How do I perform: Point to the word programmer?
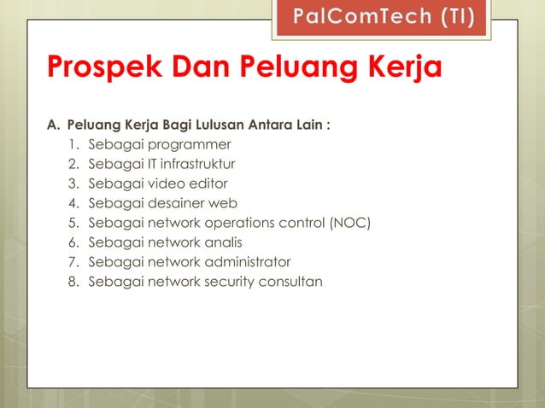tap(193, 144)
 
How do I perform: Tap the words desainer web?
tap(195, 203)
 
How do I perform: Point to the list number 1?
tap(73, 144)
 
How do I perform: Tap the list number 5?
tap(73, 223)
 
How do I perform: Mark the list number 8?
tap(73, 282)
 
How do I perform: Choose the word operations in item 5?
tap(243, 223)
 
